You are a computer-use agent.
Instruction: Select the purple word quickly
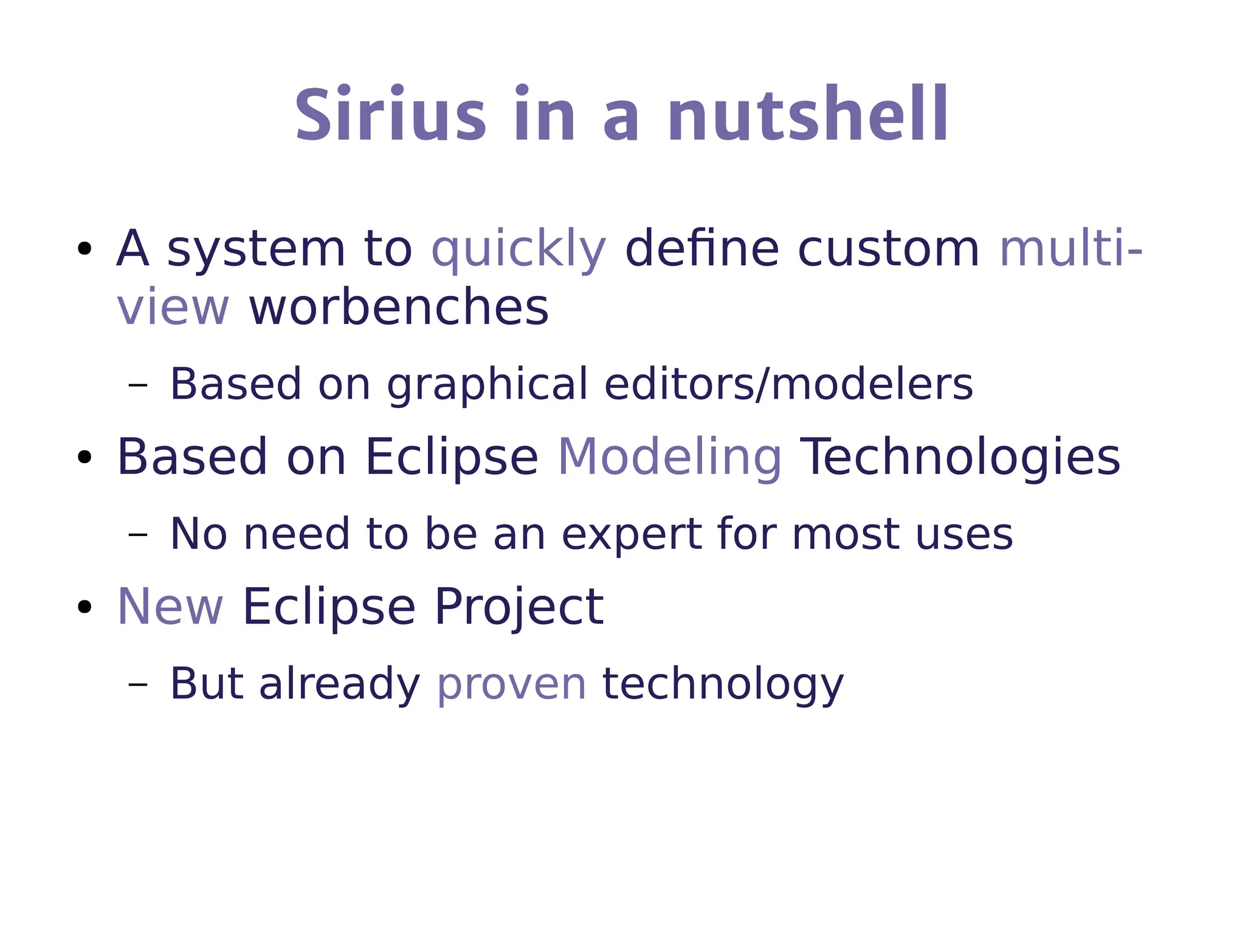tap(519, 250)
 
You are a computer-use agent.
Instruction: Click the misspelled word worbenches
tap(399, 308)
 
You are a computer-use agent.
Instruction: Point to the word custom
tap(888, 249)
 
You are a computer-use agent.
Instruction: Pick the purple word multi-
tap(1071, 249)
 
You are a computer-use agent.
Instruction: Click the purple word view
tap(173, 308)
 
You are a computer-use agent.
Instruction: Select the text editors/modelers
tap(788, 384)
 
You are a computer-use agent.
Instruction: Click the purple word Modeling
tap(669, 458)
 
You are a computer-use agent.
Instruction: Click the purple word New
tap(170, 607)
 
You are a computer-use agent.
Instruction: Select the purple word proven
tap(511, 684)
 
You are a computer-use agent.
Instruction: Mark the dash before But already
tap(138, 684)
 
